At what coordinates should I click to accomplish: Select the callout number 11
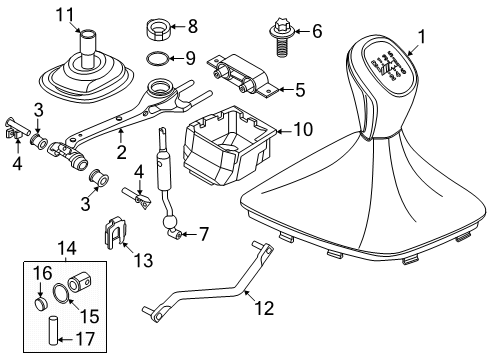[x=65, y=13]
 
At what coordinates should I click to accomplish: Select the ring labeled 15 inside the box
[x=62, y=294]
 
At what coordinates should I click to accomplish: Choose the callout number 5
[x=298, y=90]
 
